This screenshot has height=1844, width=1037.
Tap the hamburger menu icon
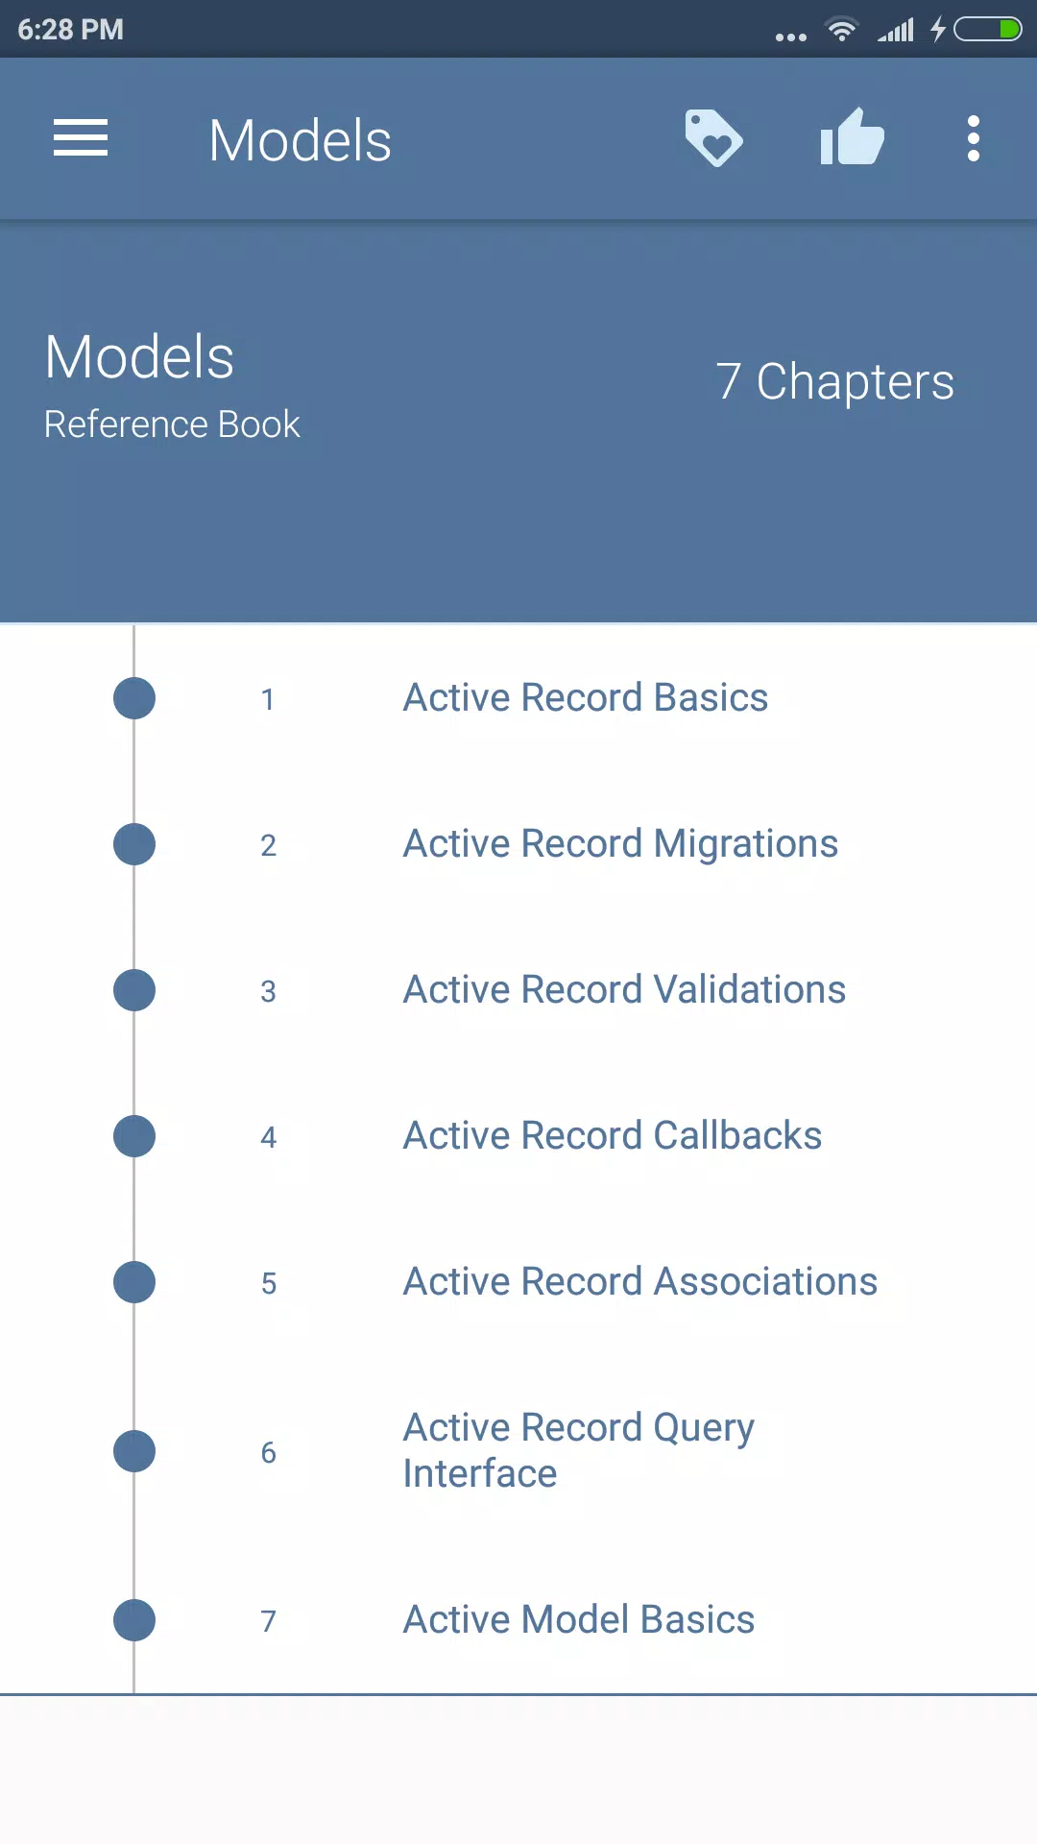81,138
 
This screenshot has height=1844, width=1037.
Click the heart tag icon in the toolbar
713,138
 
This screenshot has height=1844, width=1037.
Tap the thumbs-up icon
852,136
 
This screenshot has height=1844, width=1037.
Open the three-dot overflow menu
974,139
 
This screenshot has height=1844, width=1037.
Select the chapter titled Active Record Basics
586,697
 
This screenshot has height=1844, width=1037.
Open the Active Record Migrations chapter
620,844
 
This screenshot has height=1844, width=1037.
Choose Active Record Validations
624,989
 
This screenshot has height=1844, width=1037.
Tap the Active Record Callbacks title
613,1135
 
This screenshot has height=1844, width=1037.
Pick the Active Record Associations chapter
640,1281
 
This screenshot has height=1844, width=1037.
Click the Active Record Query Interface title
579,1450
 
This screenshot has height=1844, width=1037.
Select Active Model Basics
579,1619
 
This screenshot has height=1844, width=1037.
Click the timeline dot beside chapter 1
134,698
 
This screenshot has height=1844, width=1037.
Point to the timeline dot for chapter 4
134,1136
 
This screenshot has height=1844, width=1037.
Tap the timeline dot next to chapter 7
134,1620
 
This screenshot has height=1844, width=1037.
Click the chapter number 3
269,991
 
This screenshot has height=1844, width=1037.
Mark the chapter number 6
269,1452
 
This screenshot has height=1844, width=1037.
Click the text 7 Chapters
835,382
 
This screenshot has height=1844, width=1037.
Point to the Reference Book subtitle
172,425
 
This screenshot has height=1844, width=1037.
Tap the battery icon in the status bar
987,30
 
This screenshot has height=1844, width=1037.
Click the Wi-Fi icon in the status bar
842,30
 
